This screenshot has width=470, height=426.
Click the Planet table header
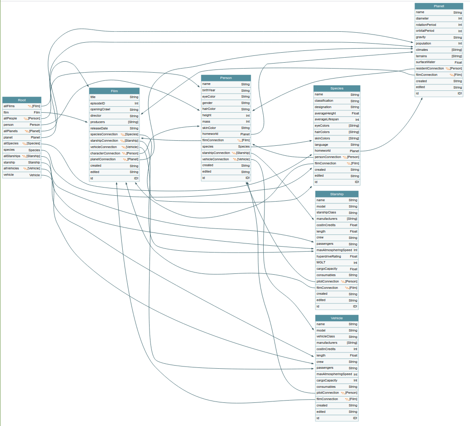point(439,6)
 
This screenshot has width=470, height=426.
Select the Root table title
point(22,100)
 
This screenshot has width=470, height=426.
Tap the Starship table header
point(337,194)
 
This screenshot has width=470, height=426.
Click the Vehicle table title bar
point(337,318)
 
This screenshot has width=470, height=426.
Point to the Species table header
point(337,88)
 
